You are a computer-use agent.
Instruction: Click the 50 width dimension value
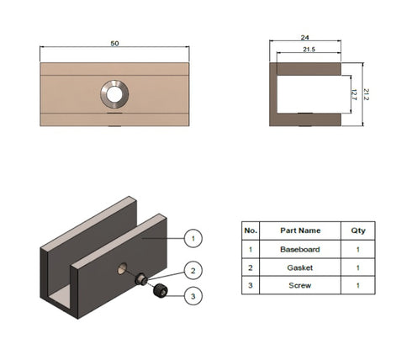pyautogui.click(x=114, y=43)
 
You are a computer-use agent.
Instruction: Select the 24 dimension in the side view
pyautogui.click(x=305, y=37)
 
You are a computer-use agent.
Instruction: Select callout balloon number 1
pyautogui.click(x=193, y=238)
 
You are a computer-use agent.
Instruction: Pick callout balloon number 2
pyautogui.click(x=193, y=270)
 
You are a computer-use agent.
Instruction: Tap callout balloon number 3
pyautogui.click(x=193, y=295)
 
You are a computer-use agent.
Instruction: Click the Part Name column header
pyautogui.click(x=299, y=230)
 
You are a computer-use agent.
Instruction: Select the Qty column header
pyautogui.click(x=358, y=230)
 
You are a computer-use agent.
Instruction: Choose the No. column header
pyautogui.click(x=250, y=230)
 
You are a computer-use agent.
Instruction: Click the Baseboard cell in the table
pyautogui.click(x=299, y=250)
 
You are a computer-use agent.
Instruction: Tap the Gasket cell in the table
pyautogui.click(x=299, y=268)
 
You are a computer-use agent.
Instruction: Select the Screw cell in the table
pyautogui.click(x=299, y=286)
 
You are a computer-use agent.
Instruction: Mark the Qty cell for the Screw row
pyautogui.click(x=358, y=286)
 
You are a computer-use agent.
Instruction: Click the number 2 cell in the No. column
pyautogui.click(x=250, y=268)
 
